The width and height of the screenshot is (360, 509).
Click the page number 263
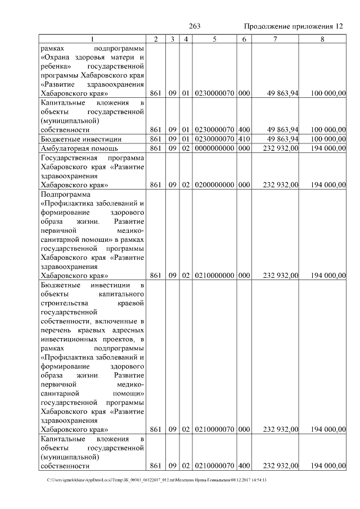click(x=195, y=26)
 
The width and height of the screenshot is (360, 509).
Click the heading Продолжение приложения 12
click(x=294, y=26)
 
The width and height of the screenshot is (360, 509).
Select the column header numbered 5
click(x=214, y=39)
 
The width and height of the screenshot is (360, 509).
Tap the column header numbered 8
click(x=322, y=39)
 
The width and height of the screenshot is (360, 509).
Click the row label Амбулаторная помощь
click(x=79, y=148)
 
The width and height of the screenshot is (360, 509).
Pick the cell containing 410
click(x=244, y=138)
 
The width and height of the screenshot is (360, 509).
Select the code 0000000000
click(x=214, y=148)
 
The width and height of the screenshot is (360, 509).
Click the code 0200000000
click(x=214, y=184)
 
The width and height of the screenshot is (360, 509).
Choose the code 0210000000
click(x=214, y=275)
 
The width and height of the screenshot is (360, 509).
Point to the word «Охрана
click(x=57, y=57)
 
